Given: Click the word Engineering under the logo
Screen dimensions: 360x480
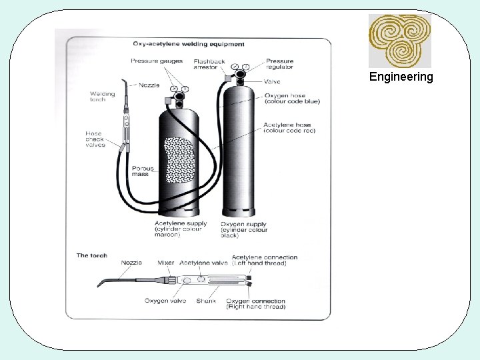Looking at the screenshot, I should [401, 77].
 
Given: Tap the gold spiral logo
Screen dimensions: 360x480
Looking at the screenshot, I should [400, 40].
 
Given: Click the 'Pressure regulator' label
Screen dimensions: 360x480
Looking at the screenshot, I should [279, 64].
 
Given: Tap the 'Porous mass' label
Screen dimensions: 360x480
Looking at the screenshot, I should [143, 171].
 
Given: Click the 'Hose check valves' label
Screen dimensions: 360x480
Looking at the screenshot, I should [95, 139].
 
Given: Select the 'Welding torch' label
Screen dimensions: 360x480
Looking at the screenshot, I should [102, 97].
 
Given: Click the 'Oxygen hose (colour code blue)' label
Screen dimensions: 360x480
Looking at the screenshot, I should [292, 98].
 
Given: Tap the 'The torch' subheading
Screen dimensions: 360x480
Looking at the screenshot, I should [91, 255].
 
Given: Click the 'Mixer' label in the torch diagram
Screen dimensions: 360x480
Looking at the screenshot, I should [166, 263].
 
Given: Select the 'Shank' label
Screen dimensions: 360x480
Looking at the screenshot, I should [206, 301].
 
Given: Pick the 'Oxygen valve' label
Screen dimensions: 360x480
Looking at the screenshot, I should [165, 301].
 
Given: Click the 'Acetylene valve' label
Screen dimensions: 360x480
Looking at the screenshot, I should [204, 263].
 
